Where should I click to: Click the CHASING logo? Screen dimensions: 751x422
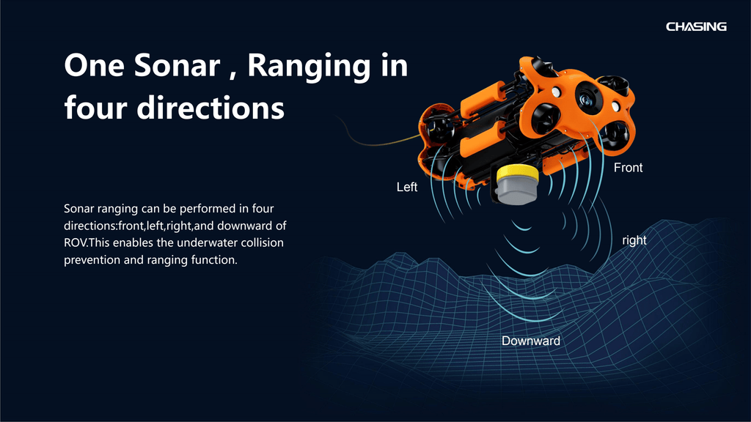(696, 27)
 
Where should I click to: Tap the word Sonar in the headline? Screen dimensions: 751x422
(177, 65)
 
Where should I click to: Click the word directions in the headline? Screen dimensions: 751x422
(210, 108)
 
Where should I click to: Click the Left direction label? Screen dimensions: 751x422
(406, 187)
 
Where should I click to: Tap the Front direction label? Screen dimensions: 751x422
(628, 168)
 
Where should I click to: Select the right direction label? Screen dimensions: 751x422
(634, 240)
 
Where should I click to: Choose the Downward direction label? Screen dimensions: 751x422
(531, 341)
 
